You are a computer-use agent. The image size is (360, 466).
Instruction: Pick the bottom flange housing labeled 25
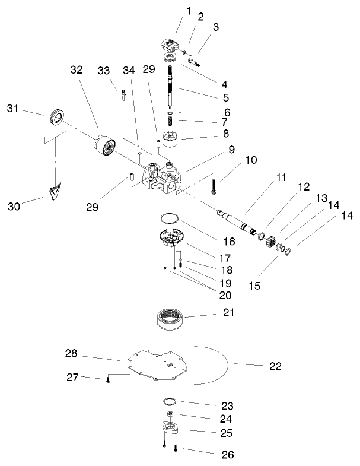[x=171, y=430]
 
